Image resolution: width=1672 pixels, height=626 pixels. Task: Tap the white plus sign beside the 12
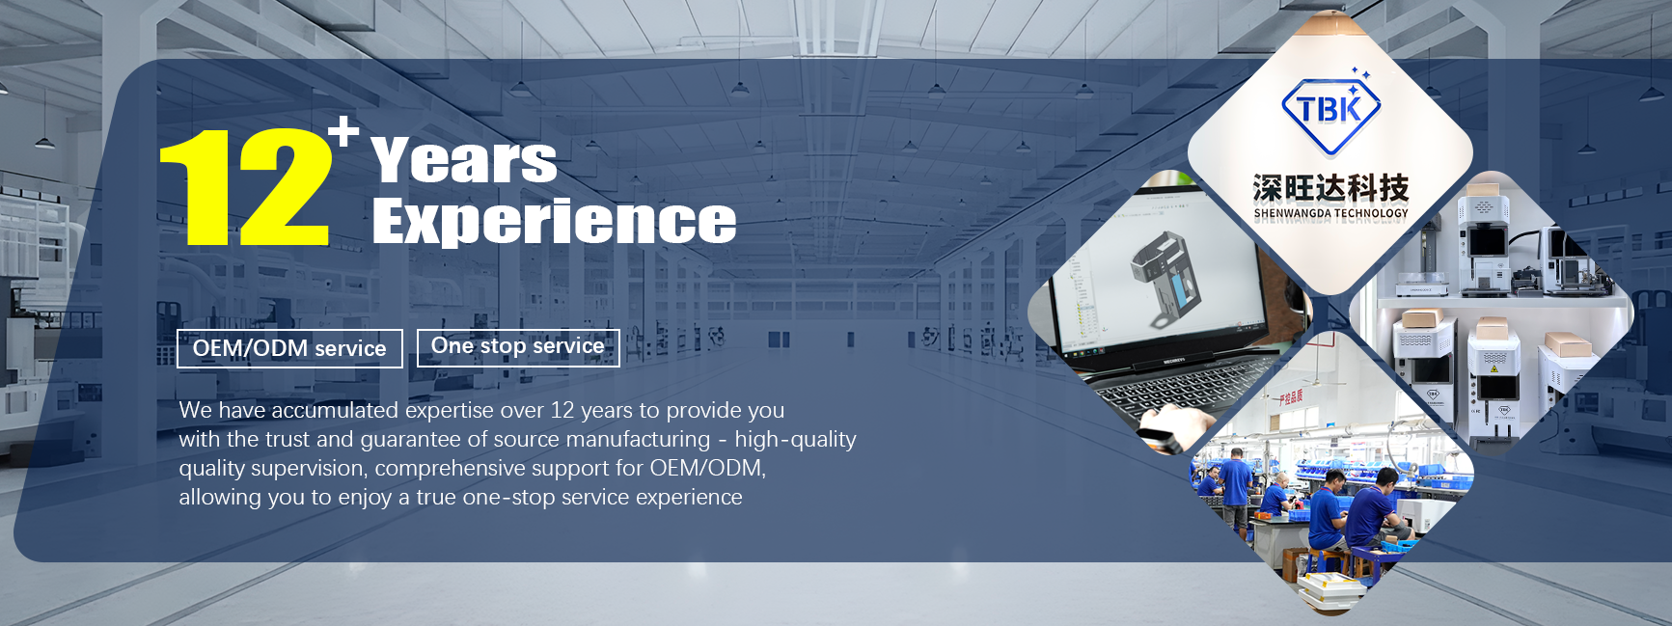(343, 130)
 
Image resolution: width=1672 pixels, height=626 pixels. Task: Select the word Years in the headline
(464, 160)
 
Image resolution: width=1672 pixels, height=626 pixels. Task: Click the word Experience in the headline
(554, 221)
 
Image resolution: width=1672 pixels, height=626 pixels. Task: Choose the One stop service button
(518, 347)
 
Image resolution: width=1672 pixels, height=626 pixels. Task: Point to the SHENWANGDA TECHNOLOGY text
(1330, 213)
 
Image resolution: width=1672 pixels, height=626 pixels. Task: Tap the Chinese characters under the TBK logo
(1330, 188)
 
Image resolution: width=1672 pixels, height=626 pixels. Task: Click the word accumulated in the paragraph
(335, 410)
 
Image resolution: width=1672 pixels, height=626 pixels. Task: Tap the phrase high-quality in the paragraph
(795, 440)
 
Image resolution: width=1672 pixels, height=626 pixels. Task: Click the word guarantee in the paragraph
(410, 439)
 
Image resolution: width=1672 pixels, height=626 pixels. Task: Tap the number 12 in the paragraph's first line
(562, 410)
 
